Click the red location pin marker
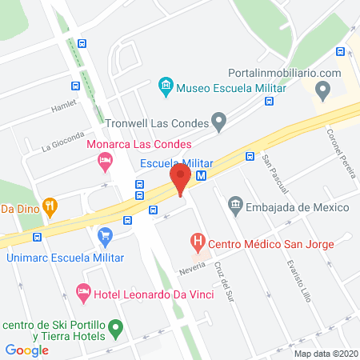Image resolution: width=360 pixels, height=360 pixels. [x=181, y=178]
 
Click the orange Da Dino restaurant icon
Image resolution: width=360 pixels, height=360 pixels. [x=50, y=208]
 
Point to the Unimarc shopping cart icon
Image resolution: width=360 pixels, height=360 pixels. [x=105, y=236]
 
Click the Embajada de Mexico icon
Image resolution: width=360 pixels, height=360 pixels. [x=235, y=206]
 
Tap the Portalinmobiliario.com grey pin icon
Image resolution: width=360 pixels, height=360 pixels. [x=322, y=92]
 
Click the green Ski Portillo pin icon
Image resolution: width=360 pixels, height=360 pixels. [x=116, y=327]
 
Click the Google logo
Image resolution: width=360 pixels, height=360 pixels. [x=27, y=349]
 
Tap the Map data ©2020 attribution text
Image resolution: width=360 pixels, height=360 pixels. [x=326, y=353]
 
